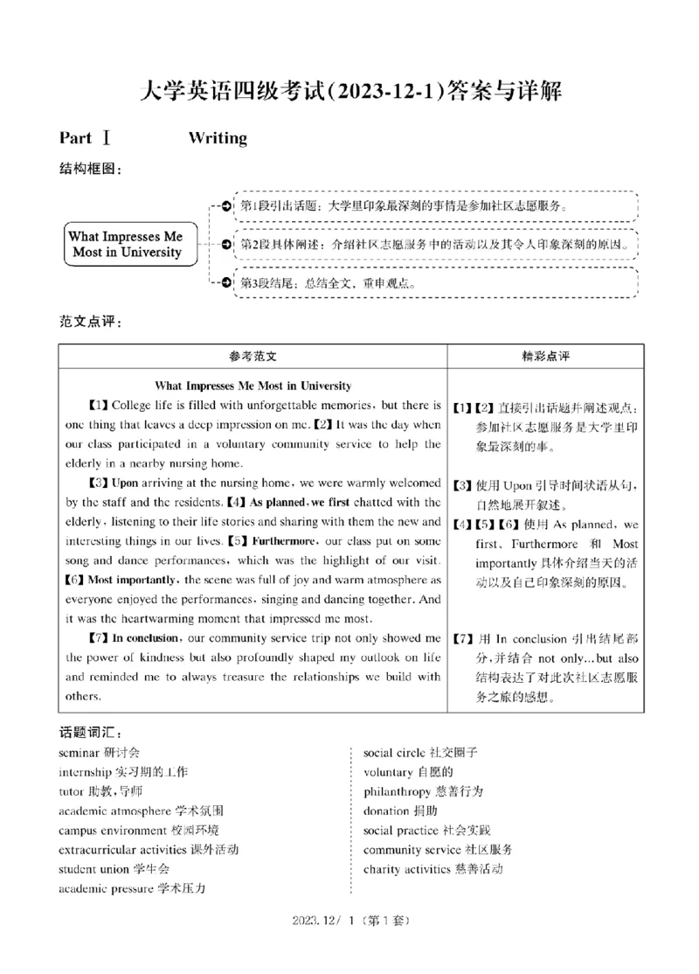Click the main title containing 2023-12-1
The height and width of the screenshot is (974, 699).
(x=349, y=90)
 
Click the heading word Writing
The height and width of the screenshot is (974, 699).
(x=218, y=138)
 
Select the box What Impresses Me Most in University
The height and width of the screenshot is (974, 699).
(x=126, y=245)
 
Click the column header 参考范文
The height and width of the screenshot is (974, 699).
(x=253, y=357)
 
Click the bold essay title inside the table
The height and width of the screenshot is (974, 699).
(x=253, y=386)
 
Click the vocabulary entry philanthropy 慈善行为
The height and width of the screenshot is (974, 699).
(x=423, y=791)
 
